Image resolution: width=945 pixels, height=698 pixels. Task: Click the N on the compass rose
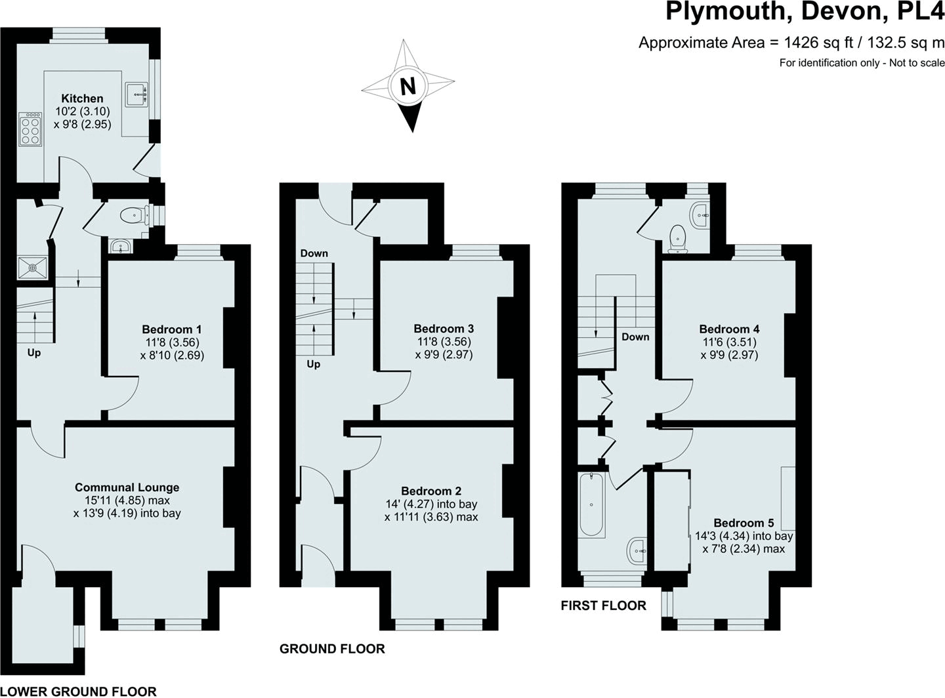click(x=408, y=86)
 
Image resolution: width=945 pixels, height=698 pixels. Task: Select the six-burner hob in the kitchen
click(x=30, y=129)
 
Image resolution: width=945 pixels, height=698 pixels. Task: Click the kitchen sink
click(x=137, y=94)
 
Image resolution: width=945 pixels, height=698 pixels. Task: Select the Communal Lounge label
click(x=127, y=487)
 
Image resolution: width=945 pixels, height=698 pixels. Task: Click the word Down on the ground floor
click(x=314, y=253)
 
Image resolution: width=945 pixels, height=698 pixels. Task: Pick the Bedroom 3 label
click(x=444, y=329)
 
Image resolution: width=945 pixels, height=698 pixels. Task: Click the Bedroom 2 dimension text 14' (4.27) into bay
click(x=431, y=504)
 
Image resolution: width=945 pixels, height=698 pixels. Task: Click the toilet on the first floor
click(x=677, y=238)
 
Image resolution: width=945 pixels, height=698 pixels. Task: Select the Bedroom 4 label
click(x=729, y=329)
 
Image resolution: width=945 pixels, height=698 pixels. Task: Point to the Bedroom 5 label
click(x=744, y=523)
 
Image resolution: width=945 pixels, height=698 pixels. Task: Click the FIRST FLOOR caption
click(x=603, y=606)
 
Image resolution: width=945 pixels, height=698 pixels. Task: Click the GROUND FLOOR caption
click(x=332, y=649)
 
